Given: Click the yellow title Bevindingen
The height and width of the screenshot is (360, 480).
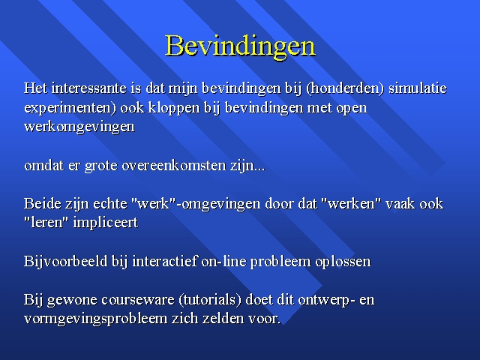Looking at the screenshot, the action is (x=240, y=46).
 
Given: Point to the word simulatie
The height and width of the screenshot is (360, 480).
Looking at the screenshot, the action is (x=418, y=88).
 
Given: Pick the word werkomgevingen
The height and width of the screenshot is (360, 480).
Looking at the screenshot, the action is (x=79, y=127).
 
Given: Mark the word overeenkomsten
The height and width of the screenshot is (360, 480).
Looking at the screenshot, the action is (x=174, y=165).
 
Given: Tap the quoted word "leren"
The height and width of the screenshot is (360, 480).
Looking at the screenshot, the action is (x=46, y=223).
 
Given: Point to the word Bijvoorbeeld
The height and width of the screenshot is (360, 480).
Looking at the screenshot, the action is (x=66, y=262).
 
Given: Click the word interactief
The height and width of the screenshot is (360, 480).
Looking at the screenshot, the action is (x=165, y=261).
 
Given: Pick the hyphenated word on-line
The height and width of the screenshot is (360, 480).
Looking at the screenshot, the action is (x=223, y=261).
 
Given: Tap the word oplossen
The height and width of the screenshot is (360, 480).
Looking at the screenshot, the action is (x=343, y=262).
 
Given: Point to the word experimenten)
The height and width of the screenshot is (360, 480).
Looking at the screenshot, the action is (x=70, y=108).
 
